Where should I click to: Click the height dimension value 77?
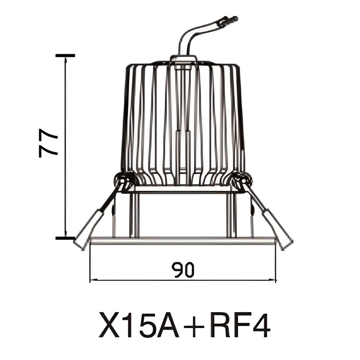point(49,143)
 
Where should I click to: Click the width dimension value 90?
point(183,270)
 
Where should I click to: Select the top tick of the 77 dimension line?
point(65,56)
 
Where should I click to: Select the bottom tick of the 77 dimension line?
point(65,238)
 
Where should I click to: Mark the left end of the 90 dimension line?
point(91,280)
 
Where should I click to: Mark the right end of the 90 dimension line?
point(276,280)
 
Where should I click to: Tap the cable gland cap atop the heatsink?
point(183,58)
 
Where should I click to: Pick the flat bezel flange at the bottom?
point(183,241)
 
